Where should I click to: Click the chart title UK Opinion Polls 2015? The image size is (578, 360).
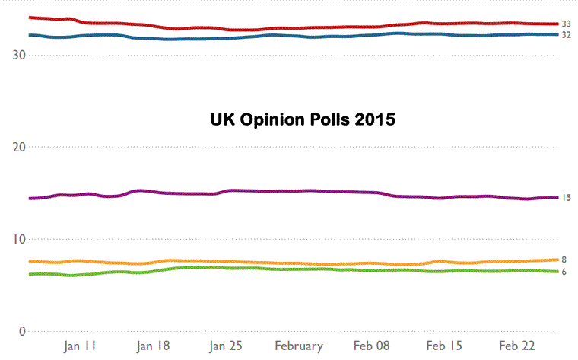tap(303, 119)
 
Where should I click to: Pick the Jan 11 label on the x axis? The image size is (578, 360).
tap(81, 346)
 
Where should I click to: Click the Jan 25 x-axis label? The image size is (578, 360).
tap(226, 346)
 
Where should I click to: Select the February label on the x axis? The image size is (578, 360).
tap(299, 346)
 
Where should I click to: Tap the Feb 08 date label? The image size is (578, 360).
tap(372, 346)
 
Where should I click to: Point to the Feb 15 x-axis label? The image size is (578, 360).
tap(445, 346)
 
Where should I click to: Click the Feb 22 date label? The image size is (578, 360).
tap(518, 346)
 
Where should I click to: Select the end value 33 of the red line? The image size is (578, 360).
tap(567, 24)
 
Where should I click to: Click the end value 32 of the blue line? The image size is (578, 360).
tap(567, 35)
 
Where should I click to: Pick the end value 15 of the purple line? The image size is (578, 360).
tap(567, 198)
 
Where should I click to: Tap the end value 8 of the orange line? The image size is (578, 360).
tap(565, 260)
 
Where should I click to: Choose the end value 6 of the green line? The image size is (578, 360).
tap(565, 272)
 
